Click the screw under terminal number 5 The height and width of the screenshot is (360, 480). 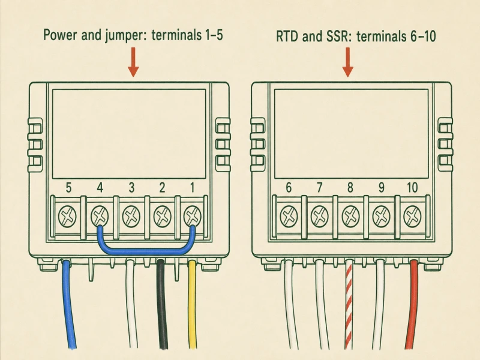[68, 217]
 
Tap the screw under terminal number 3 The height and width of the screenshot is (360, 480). [131, 217]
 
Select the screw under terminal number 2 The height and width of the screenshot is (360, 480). [162, 217]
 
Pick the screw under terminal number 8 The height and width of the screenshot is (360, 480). [350, 217]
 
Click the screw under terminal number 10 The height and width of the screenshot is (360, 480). [412, 217]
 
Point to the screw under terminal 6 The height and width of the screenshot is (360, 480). [289, 217]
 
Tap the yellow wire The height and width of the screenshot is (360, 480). [192, 305]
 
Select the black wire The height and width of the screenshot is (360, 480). [161, 305]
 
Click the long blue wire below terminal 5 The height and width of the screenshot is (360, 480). [68, 305]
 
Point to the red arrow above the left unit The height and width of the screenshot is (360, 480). [133, 62]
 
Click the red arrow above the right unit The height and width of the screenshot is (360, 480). [348, 62]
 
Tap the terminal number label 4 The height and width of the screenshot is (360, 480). [100, 188]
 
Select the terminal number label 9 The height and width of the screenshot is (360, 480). [381, 188]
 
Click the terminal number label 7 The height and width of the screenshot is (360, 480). [319, 188]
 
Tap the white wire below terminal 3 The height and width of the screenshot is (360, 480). [131, 305]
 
